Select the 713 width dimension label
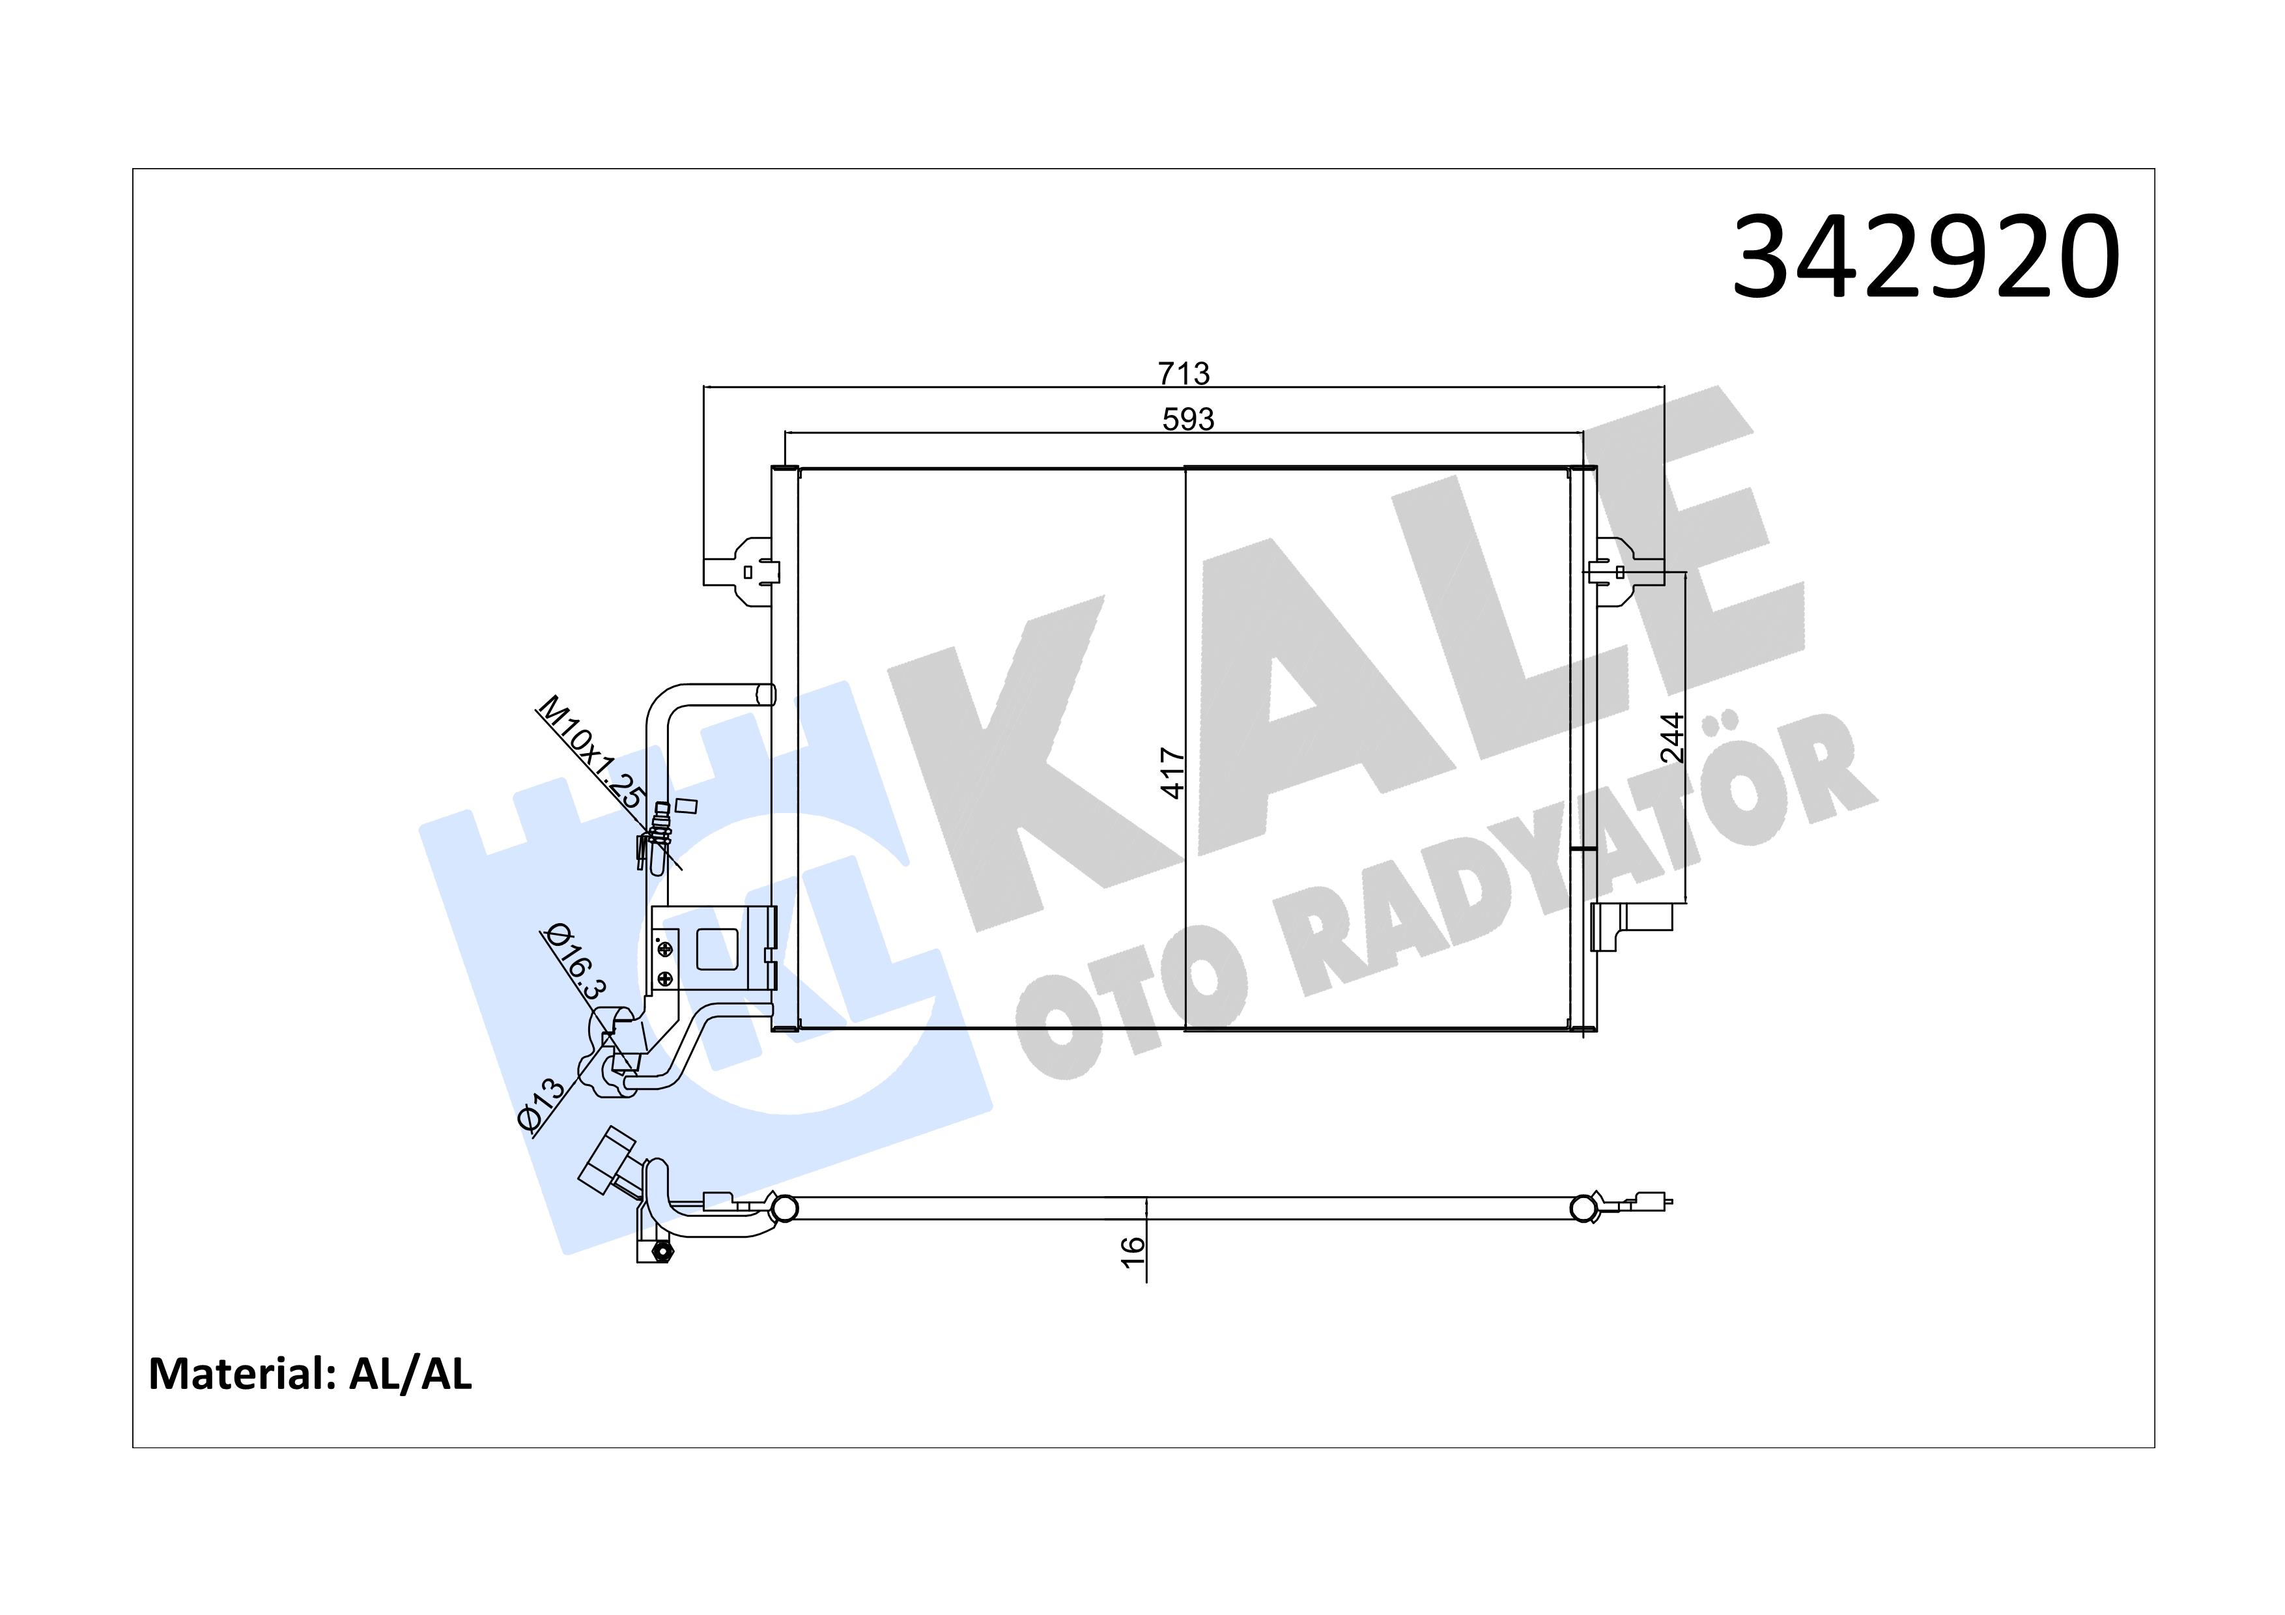coord(1184,373)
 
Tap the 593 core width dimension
coord(1188,419)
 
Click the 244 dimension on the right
coord(1672,736)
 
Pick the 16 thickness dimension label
coord(1133,1251)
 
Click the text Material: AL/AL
coord(309,1374)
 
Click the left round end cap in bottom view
coord(784,1208)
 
